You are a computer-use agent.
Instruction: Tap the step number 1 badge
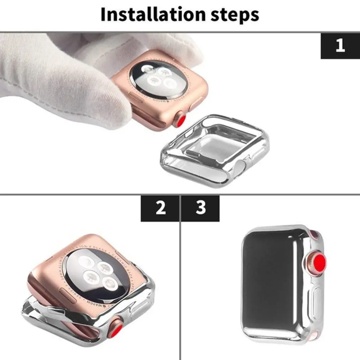(340, 45)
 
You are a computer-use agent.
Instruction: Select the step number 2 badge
(160, 208)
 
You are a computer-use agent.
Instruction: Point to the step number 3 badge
(201, 208)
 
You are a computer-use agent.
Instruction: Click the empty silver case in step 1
(214, 150)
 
